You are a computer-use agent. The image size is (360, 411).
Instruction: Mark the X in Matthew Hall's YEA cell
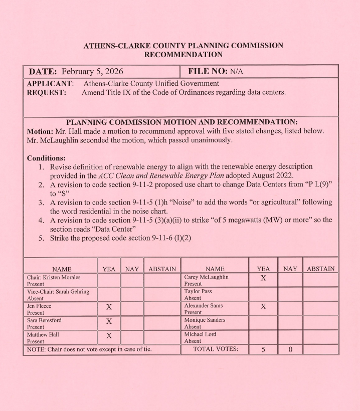[109, 335]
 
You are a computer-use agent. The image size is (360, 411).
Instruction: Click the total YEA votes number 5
[263, 349]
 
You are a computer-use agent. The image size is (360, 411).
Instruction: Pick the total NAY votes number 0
[290, 349]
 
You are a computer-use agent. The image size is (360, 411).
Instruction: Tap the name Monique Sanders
[207, 319]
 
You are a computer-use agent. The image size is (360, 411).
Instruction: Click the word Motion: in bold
[42, 131]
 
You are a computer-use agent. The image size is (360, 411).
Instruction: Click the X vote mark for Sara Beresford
[109, 321]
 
